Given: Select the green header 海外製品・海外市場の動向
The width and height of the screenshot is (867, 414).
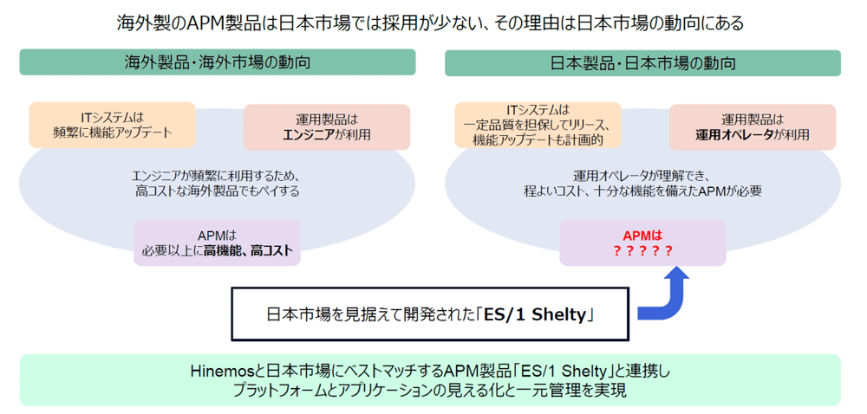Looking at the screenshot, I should (217, 63).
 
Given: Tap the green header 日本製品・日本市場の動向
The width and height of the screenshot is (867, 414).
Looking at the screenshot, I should (642, 63).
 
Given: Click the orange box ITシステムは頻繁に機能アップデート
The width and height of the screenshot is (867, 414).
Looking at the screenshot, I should (112, 125).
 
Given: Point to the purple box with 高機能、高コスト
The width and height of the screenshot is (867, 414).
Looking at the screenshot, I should (217, 243).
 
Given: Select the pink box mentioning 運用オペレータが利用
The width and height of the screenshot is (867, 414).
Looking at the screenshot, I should (753, 127).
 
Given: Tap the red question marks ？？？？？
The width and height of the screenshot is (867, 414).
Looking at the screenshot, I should (642, 251).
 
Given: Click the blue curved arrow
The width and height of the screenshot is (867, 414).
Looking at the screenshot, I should (668, 299).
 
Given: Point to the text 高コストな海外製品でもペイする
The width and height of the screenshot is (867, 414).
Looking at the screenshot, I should (217, 191).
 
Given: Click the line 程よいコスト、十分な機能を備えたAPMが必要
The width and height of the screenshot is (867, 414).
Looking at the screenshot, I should (642, 191).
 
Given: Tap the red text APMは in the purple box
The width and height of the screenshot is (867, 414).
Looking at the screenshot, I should (642, 235).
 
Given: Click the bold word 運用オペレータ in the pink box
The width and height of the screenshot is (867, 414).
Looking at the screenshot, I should (734, 135).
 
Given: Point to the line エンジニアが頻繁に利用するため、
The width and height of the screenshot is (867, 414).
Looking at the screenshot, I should (217, 174).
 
